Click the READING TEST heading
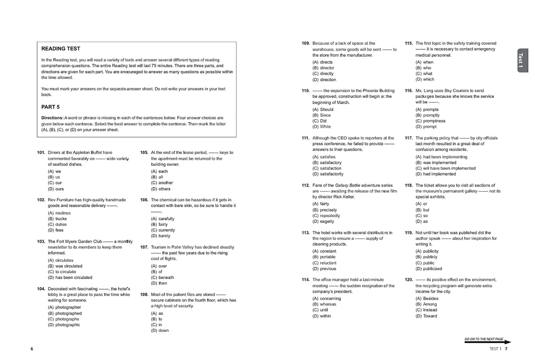point(61,49)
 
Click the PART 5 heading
point(50,107)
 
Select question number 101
point(41,153)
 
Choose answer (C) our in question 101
point(55,183)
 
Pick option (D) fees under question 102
point(56,230)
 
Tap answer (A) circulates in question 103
point(61,260)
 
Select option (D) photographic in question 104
point(64,325)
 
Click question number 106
point(144,200)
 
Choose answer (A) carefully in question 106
point(163,219)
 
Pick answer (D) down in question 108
point(160,331)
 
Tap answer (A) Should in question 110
point(323,109)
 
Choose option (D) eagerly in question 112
point(323,221)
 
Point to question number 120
point(409,280)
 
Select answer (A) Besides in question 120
point(427,298)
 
